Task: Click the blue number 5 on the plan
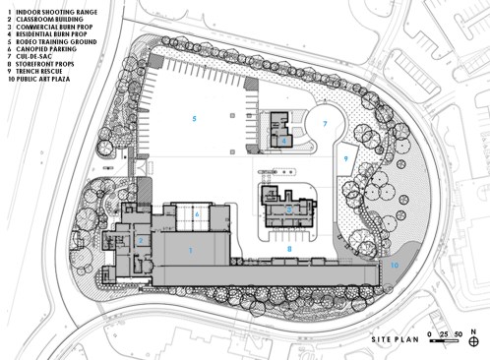195,119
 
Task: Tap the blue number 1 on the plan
191,251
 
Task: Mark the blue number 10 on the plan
394,265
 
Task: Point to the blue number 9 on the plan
346,157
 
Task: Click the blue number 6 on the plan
197,213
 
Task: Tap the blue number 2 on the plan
142,239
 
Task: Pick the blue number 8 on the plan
289,250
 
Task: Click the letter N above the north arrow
473,330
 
